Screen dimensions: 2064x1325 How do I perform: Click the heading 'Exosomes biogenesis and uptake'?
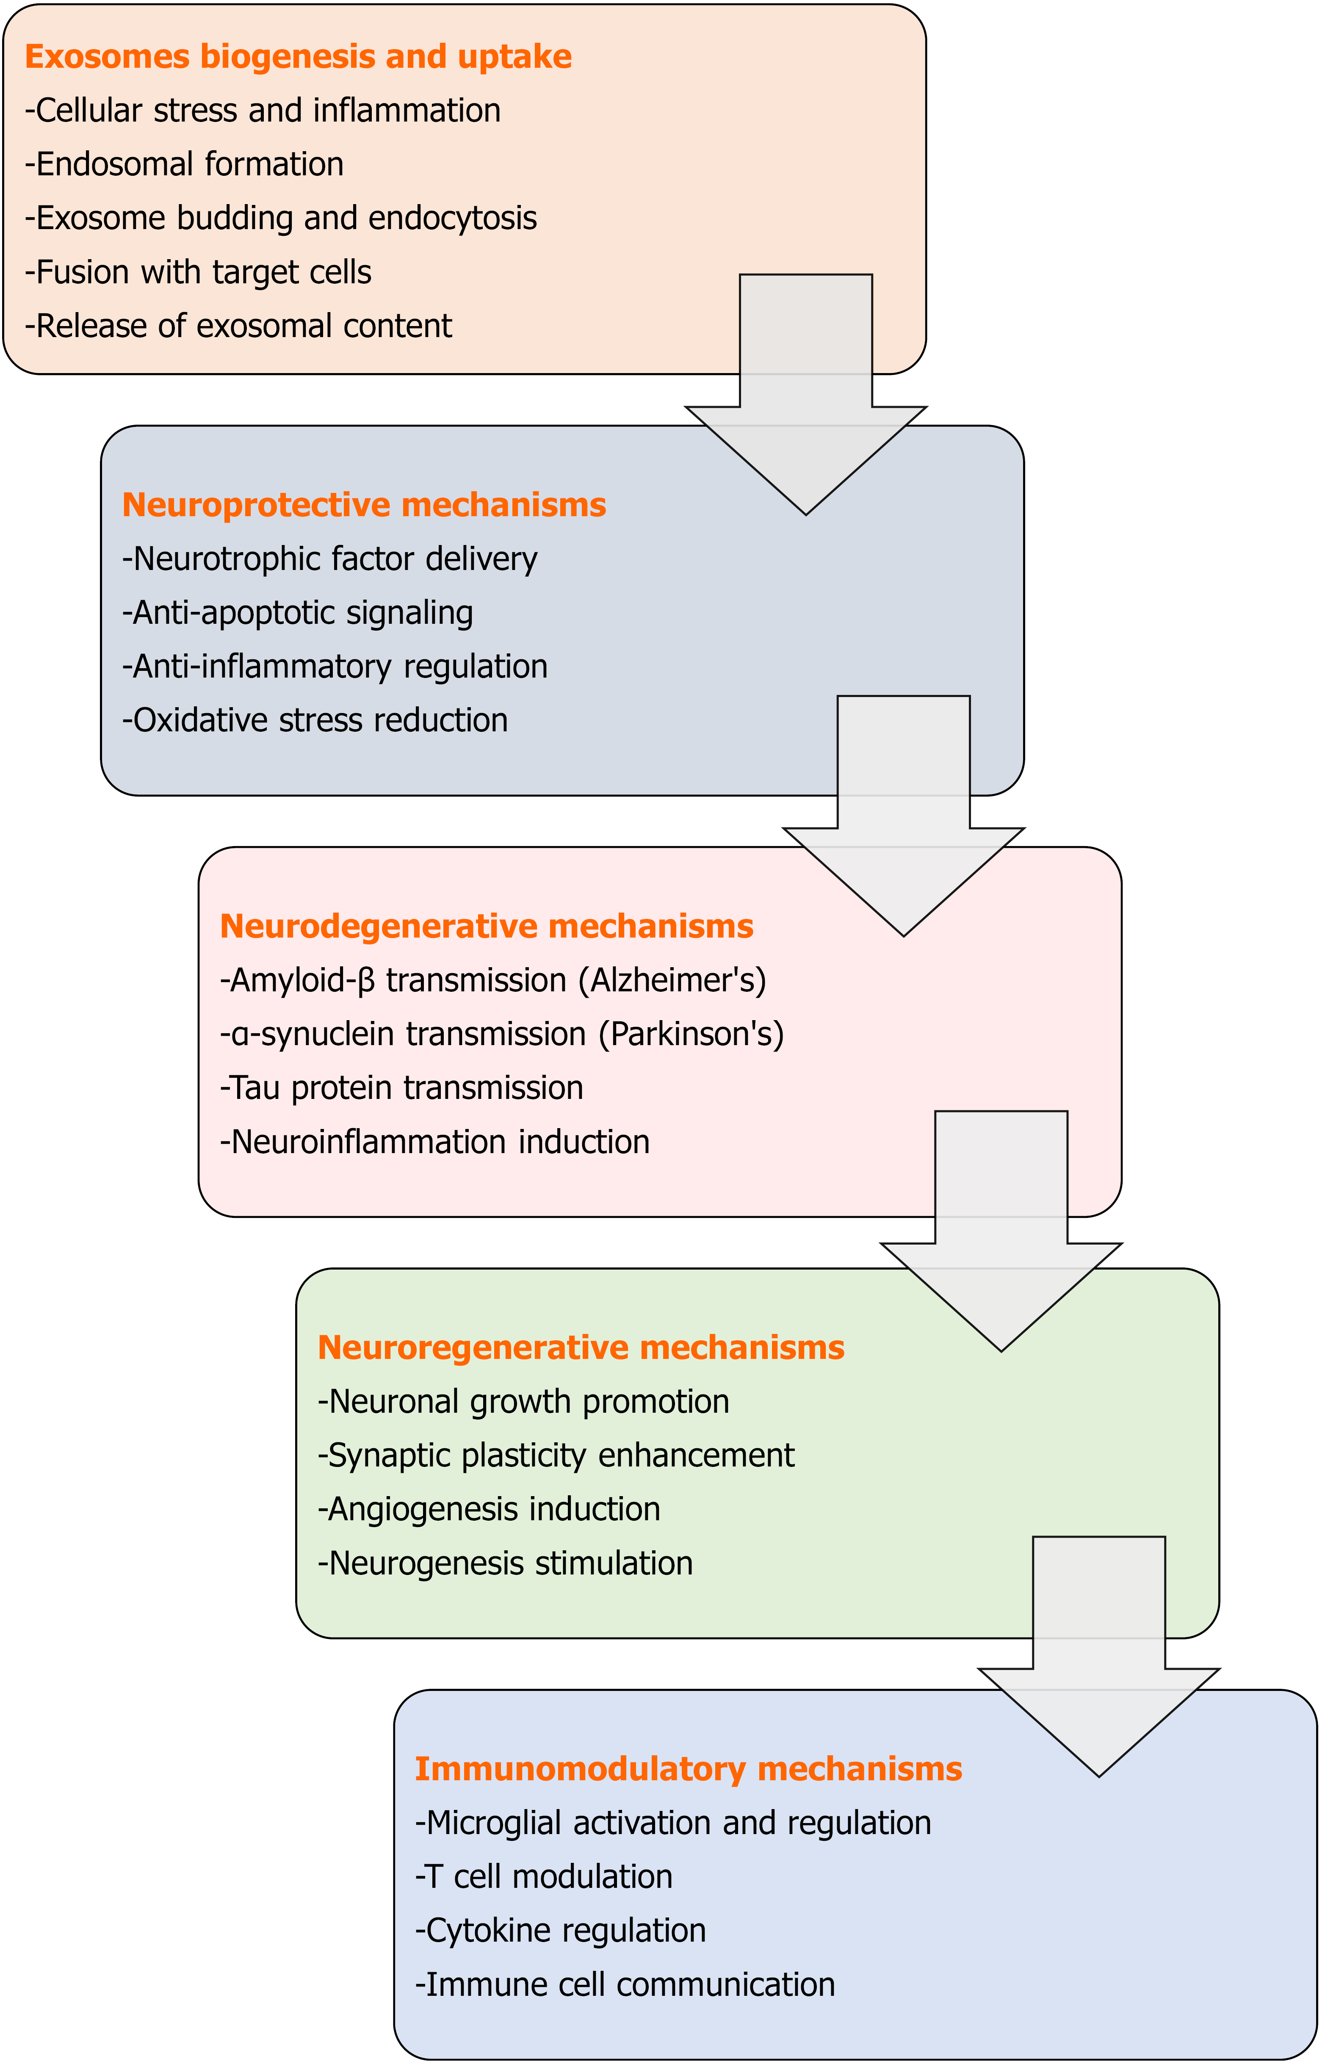tap(298, 57)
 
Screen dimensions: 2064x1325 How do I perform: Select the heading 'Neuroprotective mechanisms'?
tap(364, 505)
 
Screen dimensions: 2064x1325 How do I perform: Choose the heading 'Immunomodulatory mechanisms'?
tap(688, 1769)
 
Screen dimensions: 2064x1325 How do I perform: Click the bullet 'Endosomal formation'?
tap(184, 164)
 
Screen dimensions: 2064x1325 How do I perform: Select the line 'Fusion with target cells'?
tap(198, 273)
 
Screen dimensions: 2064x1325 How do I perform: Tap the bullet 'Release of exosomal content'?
tap(238, 326)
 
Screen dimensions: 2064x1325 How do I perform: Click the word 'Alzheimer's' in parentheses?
tap(672, 981)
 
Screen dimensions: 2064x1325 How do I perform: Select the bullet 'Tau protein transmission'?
tap(402, 1088)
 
